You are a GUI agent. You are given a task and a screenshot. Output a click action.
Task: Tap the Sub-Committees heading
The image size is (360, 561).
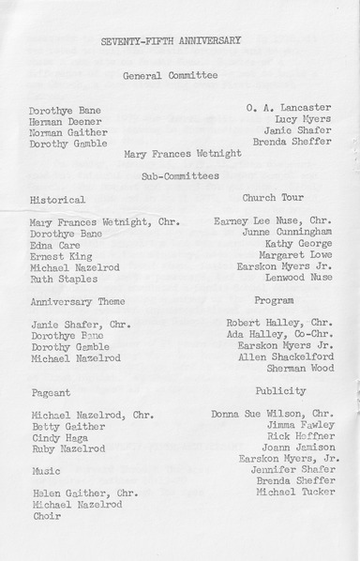(180, 175)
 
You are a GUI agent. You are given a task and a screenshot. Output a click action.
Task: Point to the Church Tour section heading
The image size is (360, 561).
(273, 198)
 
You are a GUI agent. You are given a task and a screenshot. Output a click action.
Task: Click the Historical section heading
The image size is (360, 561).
(58, 200)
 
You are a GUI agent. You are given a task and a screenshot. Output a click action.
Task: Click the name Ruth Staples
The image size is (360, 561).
(63, 278)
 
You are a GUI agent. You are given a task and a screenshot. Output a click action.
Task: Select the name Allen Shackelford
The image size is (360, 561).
(287, 356)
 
